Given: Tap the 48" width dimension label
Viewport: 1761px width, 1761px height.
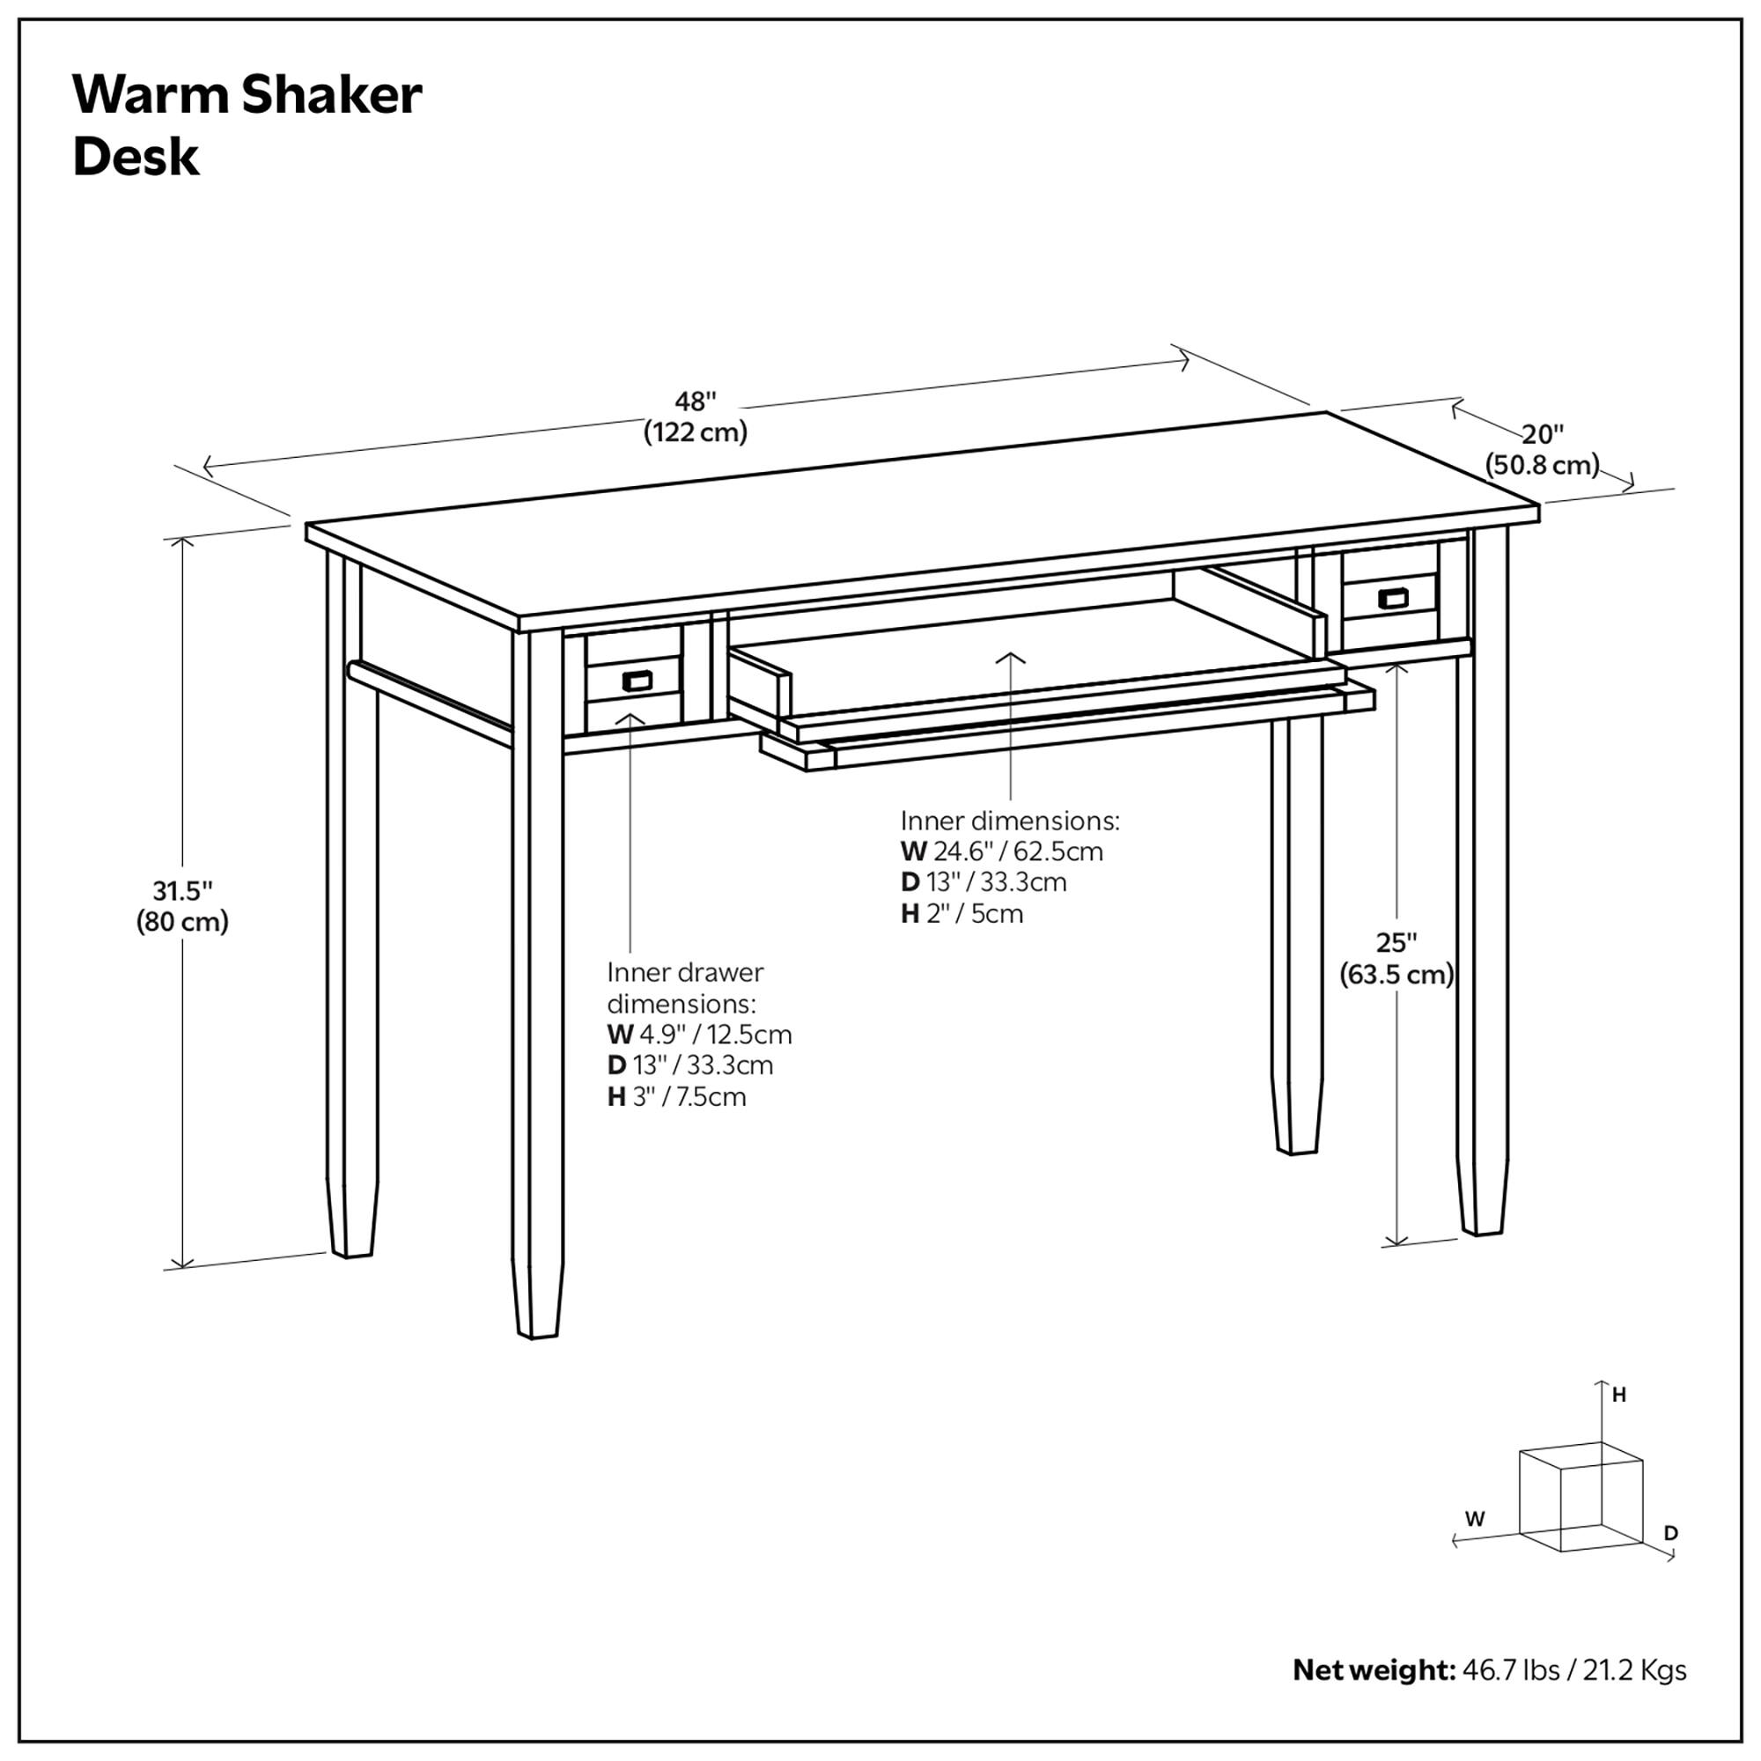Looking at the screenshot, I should [x=696, y=401].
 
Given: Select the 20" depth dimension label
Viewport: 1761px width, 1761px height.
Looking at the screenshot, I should [x=1543, y=434].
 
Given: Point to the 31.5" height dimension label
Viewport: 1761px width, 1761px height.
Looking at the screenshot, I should [x=182, y=889].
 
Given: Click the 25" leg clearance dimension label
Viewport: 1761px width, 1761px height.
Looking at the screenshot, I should [x=1396, y=942].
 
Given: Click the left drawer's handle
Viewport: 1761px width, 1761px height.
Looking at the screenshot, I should [x=637, y=680].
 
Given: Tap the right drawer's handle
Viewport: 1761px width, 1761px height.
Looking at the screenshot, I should [x=1392, y=599].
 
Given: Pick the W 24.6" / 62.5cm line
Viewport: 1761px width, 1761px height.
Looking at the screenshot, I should [x=1002, y=851].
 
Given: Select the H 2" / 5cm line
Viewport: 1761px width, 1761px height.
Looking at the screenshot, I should [x=962, y=913].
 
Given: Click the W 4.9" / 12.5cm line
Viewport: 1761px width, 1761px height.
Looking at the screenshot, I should [x=699, y=1035].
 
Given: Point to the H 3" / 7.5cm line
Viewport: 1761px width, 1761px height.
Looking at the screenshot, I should [x=676, y=1096].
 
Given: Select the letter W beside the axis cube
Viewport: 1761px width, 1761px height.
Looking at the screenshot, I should [x=1475, y=1520].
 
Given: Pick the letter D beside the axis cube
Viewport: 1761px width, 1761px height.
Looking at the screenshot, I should [x=1671, y=1533].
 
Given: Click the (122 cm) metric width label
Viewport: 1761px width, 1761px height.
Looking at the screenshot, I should [x=696, y=432].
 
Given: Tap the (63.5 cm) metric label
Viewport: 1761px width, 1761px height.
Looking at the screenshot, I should [x=1396, y=975].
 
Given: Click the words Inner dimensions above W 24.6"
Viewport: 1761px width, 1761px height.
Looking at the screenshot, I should [x=1010, y=821].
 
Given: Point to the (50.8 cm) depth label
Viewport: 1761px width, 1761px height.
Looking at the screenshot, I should [x=1543, y=465].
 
